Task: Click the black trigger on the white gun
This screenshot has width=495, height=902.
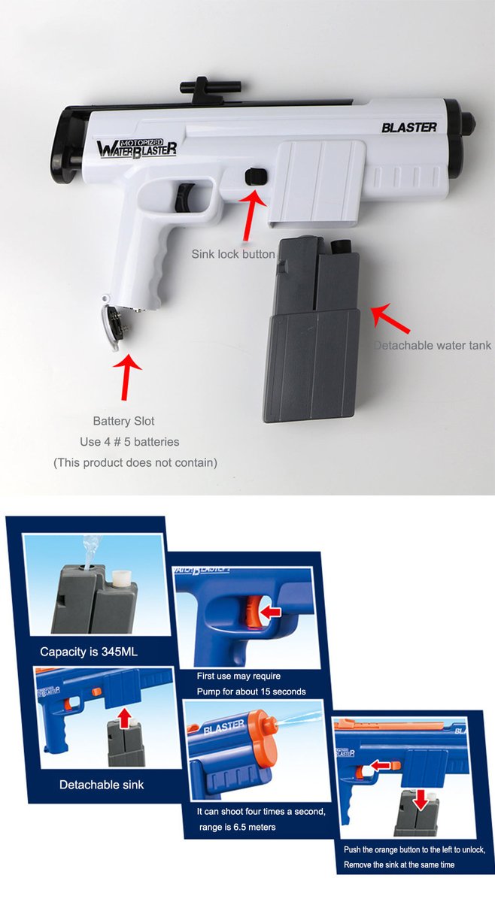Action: coord(183,196)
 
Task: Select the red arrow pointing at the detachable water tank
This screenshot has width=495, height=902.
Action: coord(391,319)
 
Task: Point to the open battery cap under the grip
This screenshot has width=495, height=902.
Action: coord(111,323)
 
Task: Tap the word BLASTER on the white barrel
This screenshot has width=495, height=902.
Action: coord(408,127)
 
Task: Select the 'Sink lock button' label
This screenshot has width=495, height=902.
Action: coord(232,254)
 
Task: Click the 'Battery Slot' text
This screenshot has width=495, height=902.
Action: coord(123,421)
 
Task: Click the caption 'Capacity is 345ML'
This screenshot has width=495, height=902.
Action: coord(89,652)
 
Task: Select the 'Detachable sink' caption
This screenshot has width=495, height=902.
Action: coord(102,785)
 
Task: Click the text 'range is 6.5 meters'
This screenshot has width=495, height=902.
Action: coord(236,827)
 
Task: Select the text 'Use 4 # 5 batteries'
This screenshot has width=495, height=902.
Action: coord(129,441)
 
